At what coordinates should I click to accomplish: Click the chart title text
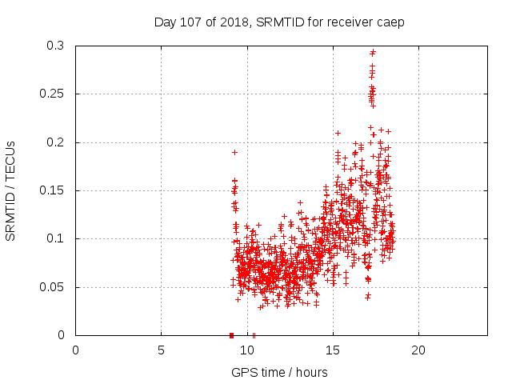[x=279, y=22]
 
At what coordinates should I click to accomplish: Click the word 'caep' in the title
[x=390, y=22]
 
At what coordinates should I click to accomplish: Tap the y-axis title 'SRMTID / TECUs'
[x=11, y=190]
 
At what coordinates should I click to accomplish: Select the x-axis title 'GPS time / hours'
[x=280, y=372]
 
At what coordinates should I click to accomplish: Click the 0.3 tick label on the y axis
[x=56, y=46]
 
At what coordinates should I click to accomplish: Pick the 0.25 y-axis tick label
[x=53, y=94]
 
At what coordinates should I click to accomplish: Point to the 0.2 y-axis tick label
[x=56, y=142]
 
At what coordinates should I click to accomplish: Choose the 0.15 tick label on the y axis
[x=53, y=190]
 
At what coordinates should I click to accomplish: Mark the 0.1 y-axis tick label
[x=56, y=238]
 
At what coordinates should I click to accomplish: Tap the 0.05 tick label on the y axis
[x=53, y=287]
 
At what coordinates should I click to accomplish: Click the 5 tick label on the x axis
[x=161, y=350]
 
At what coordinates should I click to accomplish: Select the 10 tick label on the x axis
[x=246, y=350]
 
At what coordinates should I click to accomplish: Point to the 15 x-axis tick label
[x=332, y=350]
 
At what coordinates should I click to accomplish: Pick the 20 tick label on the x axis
[x=418, y=350]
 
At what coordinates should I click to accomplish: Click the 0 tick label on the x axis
[x=75, y=350]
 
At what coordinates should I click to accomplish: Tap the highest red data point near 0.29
[x=373, y=52]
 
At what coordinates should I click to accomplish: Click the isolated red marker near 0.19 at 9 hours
[x=234, y=152]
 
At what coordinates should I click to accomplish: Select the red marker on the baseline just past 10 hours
[x=254, y=334]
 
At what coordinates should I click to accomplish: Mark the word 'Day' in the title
[x=165, y=22]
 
